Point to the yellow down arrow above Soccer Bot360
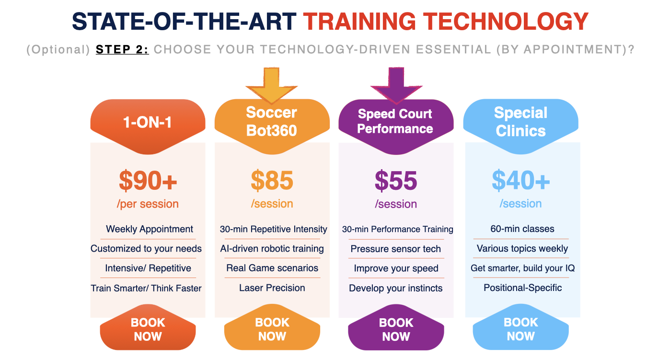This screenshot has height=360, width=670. coord(272,85)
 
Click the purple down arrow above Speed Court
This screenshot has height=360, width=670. coord(396,85)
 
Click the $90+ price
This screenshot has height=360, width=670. coord(148,181)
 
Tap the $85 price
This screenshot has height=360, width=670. coord(272,180)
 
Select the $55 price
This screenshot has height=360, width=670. coord(396,181)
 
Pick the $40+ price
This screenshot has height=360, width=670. coord(521,180)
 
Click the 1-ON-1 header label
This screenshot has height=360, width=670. coord(148,122)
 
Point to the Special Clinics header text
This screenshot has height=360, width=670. coord(521,122)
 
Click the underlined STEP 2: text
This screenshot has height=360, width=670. coord(122,49)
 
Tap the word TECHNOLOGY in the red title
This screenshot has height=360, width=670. coord(506,22)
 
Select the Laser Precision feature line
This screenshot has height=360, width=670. coord(272,288)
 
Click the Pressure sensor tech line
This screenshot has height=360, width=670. coord(396,249)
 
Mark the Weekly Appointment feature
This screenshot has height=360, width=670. coord(150,229)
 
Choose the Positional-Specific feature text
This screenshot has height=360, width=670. coord(523,288)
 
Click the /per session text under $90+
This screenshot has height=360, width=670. coord(148,204)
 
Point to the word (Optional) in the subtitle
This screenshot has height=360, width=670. coord(58,50)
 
